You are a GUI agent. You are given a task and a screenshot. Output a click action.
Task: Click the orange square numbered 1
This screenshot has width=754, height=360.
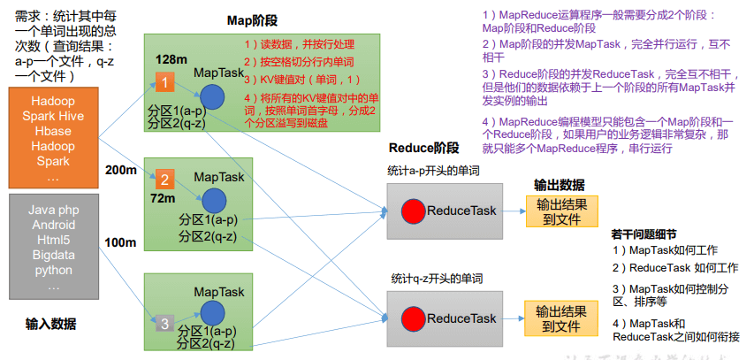pos(166,83)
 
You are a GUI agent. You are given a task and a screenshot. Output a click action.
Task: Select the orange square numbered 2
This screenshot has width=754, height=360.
pos(164,177)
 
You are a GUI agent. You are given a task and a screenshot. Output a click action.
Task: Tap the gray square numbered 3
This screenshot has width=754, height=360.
pos(164,323)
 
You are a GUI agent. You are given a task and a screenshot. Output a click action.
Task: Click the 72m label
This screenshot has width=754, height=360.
pos(163,198)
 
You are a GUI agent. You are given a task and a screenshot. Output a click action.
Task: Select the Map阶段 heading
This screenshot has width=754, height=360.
pos(226,20)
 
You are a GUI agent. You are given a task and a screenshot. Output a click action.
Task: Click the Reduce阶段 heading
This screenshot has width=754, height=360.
pos(423,148)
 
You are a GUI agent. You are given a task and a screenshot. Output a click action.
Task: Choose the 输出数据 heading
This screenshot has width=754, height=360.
pos(558,185)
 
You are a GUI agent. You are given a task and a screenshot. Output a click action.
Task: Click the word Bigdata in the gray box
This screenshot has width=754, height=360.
pos(53,255)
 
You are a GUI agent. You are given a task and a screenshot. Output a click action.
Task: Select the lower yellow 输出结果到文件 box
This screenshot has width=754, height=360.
pos(560,318)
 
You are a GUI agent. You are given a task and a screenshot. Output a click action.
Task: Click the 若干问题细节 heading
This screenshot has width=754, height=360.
pos(644,234)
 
